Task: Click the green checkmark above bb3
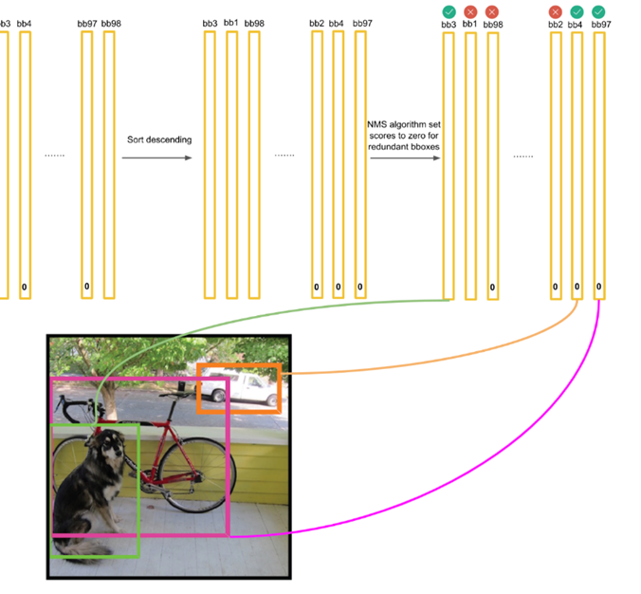tap(449, 11)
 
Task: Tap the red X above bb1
tap(469, 11)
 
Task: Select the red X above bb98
tap(491, 11)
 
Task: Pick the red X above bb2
tap(556, 11)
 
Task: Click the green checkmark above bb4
tap(577, 11)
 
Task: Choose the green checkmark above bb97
tap(598, 11)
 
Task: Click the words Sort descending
tap(159, 140)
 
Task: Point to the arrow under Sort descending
tap(156, 158)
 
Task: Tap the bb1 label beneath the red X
tap(469, 23)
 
